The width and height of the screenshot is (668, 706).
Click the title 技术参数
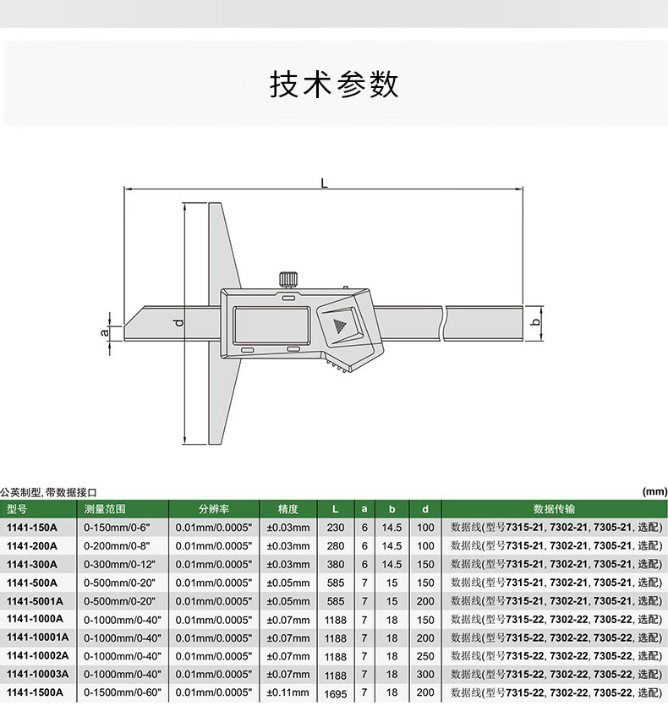click(334, 85)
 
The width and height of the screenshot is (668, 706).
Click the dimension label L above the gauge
click(324, 183)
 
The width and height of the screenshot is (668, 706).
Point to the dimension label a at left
click(105, 332)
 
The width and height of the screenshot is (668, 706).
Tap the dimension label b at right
click(535, 322)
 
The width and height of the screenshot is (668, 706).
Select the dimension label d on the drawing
click(179, 322)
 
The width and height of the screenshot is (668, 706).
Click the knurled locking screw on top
click(288, 280)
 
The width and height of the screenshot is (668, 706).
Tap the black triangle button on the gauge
click(338, 326)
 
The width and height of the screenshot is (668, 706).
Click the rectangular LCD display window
click(271, 326)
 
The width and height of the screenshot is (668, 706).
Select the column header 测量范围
click(105, 509)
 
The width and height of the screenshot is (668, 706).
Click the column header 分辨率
click(214, 509)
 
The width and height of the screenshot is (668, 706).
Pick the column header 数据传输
click(554, 509)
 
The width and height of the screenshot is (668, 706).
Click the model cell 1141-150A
click(32, 528)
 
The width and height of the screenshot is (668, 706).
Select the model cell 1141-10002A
click(38, 655)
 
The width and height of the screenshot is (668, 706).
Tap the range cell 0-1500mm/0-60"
click(123, 692)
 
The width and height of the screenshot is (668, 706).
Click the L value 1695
click(336, 693)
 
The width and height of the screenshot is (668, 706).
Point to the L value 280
click(336, 546)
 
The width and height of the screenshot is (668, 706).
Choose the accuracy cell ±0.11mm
click(288, 692)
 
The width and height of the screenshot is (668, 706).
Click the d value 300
click(425, 674)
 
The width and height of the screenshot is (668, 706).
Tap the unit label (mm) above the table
click(655, 492)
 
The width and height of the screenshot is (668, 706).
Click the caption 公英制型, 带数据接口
click(48, 492)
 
